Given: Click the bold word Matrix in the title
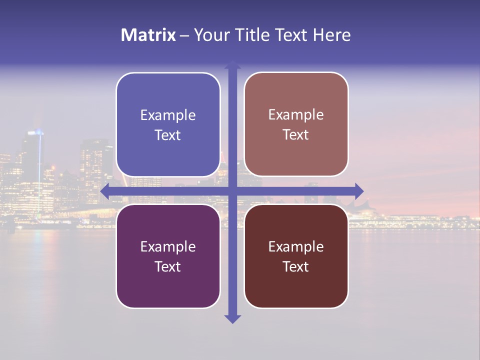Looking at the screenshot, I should pyautogui.click(x=148, y=35).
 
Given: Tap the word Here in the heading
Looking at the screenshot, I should pyautogui.click(x=331, y=35).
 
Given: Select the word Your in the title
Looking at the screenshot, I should pyautogui.click(x=210, y=35).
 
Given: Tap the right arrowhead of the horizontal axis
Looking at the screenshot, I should pyautogui.click(x=358, y=191).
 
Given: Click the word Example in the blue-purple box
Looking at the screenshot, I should pyautogui.click(x=168, y=115).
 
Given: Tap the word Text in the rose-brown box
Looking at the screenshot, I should pyautogui.click(x=296, y=135).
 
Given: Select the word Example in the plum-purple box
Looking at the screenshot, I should pyautogui.click(x=168, y=247).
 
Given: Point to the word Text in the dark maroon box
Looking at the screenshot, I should pyautogui.click(x=296, y=267).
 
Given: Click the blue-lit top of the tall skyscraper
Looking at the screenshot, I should pyautogui.click(x=36, y=132).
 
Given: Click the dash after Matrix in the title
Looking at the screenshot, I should pyautogui.click(x=184, y=35).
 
